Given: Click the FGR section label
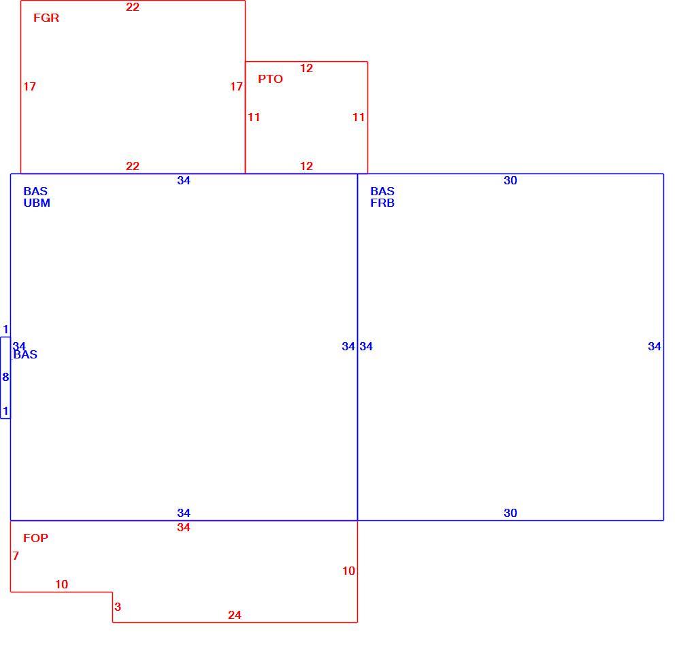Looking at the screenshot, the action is point(46,18).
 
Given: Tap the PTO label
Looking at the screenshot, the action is point(270,79).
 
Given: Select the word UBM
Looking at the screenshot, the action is point(37,203).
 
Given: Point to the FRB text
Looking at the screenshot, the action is point(382,203).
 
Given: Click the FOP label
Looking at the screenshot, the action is point(36,538).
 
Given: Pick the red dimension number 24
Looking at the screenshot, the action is point(235,615).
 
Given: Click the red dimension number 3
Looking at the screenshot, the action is point(118,607).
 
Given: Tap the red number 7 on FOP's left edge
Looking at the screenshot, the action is point(16,556).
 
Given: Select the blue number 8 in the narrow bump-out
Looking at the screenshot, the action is point(5,377).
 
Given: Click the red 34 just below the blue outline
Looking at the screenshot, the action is point(184,527).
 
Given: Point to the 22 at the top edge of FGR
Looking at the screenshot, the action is point(133,7).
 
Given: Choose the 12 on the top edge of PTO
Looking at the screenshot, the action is point(306,68).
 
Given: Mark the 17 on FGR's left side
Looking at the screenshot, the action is point(30,86).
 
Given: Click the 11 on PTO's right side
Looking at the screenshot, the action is point(359,117).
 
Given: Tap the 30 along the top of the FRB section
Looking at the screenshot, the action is point(510,180).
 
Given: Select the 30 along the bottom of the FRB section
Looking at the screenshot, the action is point(510,513).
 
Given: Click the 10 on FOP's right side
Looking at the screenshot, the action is point(349,571).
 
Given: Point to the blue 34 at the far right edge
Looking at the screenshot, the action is point(655,346).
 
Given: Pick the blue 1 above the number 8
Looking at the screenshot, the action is point(5,329).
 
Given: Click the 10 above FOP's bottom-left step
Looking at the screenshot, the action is point(61,584).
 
